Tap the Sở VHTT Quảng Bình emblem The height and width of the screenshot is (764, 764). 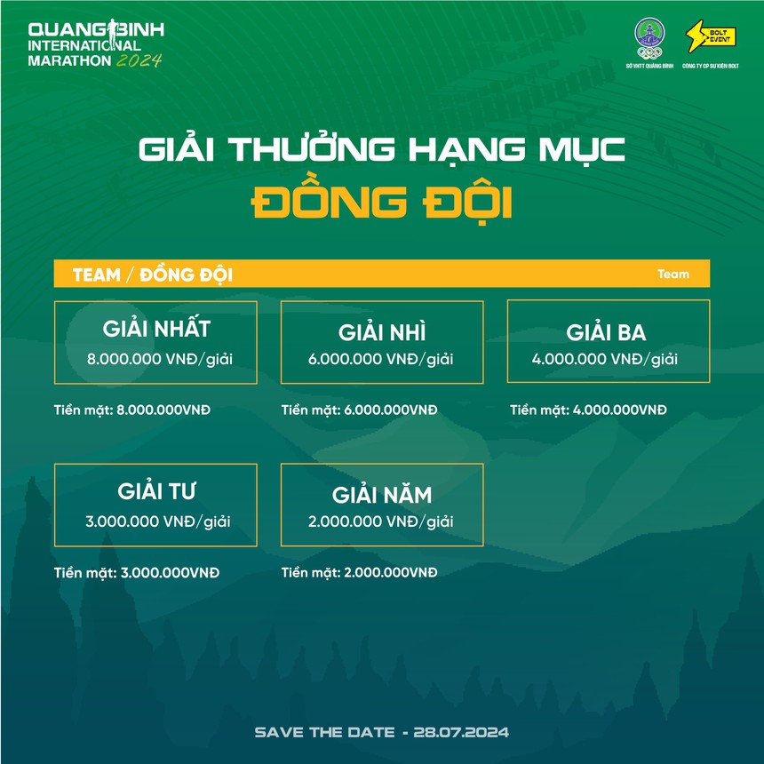coord(649,38)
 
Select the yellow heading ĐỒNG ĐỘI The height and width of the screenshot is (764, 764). coord(382,203)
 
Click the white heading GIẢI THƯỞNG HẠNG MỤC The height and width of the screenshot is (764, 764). coord(382,149)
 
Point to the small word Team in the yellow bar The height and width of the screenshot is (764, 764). coord(672,274)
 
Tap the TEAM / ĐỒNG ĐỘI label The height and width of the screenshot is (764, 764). coord(153,275)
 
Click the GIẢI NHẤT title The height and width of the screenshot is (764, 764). coord(156,330)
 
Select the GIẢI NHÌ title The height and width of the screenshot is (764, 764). coord(382,333)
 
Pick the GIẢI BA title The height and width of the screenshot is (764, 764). coord(606,334)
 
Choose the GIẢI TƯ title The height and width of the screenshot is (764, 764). coord(156,491)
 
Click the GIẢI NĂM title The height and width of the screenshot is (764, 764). coord(382,495)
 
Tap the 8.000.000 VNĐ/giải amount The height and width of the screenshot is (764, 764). coord(156,360)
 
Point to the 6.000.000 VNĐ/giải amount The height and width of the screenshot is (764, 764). coord(382,360)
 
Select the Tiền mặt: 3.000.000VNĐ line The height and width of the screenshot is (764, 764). coord(137,572)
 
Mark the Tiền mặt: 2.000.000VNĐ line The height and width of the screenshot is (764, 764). coord(360,572)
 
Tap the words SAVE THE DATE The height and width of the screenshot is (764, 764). coord(324,732)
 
